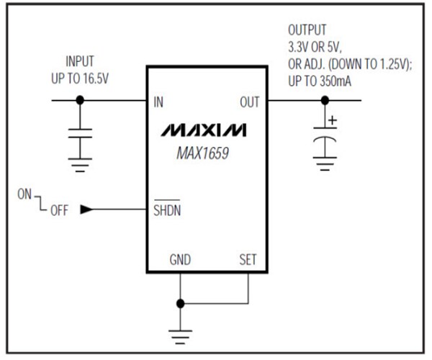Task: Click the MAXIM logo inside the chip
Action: tap(204, 130)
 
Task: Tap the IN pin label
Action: tap(158, 102)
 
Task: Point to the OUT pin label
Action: tap(249, 102)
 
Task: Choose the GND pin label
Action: tap(181, 260)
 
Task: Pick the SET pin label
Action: tap(247, 260)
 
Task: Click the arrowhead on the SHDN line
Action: tap(86, 210)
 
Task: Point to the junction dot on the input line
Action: tap(81, 101)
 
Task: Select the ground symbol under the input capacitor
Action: tap(81, 166)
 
